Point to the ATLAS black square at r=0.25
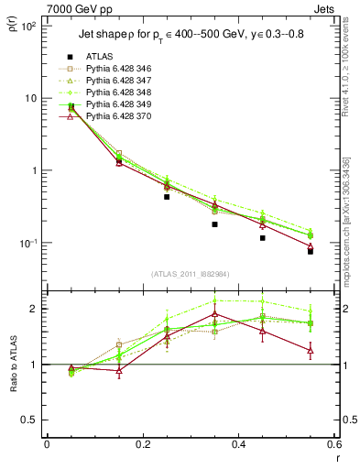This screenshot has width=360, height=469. point(167,196)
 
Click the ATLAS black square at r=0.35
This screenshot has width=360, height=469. point(214,224)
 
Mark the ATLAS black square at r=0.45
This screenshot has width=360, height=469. point(262,238)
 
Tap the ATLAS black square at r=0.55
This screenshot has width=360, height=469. point(311,250)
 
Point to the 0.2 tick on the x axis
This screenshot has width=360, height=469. point(142,444)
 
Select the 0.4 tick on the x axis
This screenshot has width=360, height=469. point(238,444)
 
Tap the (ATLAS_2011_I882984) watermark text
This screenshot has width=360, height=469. point(191,274)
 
